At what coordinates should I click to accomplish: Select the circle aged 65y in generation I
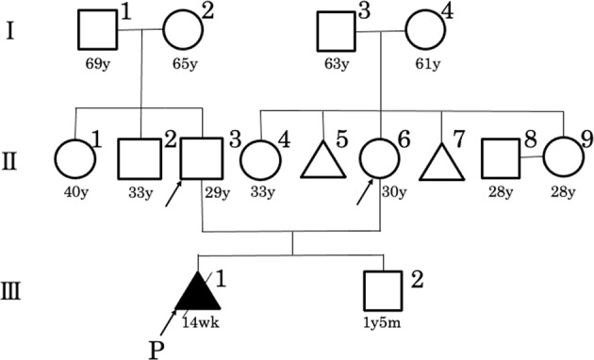tap(183, 31)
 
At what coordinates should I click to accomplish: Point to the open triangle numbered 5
tap(322, 157)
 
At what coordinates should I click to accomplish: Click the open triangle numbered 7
tap(440, 157)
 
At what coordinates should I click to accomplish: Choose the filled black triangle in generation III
tap(198, 289)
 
